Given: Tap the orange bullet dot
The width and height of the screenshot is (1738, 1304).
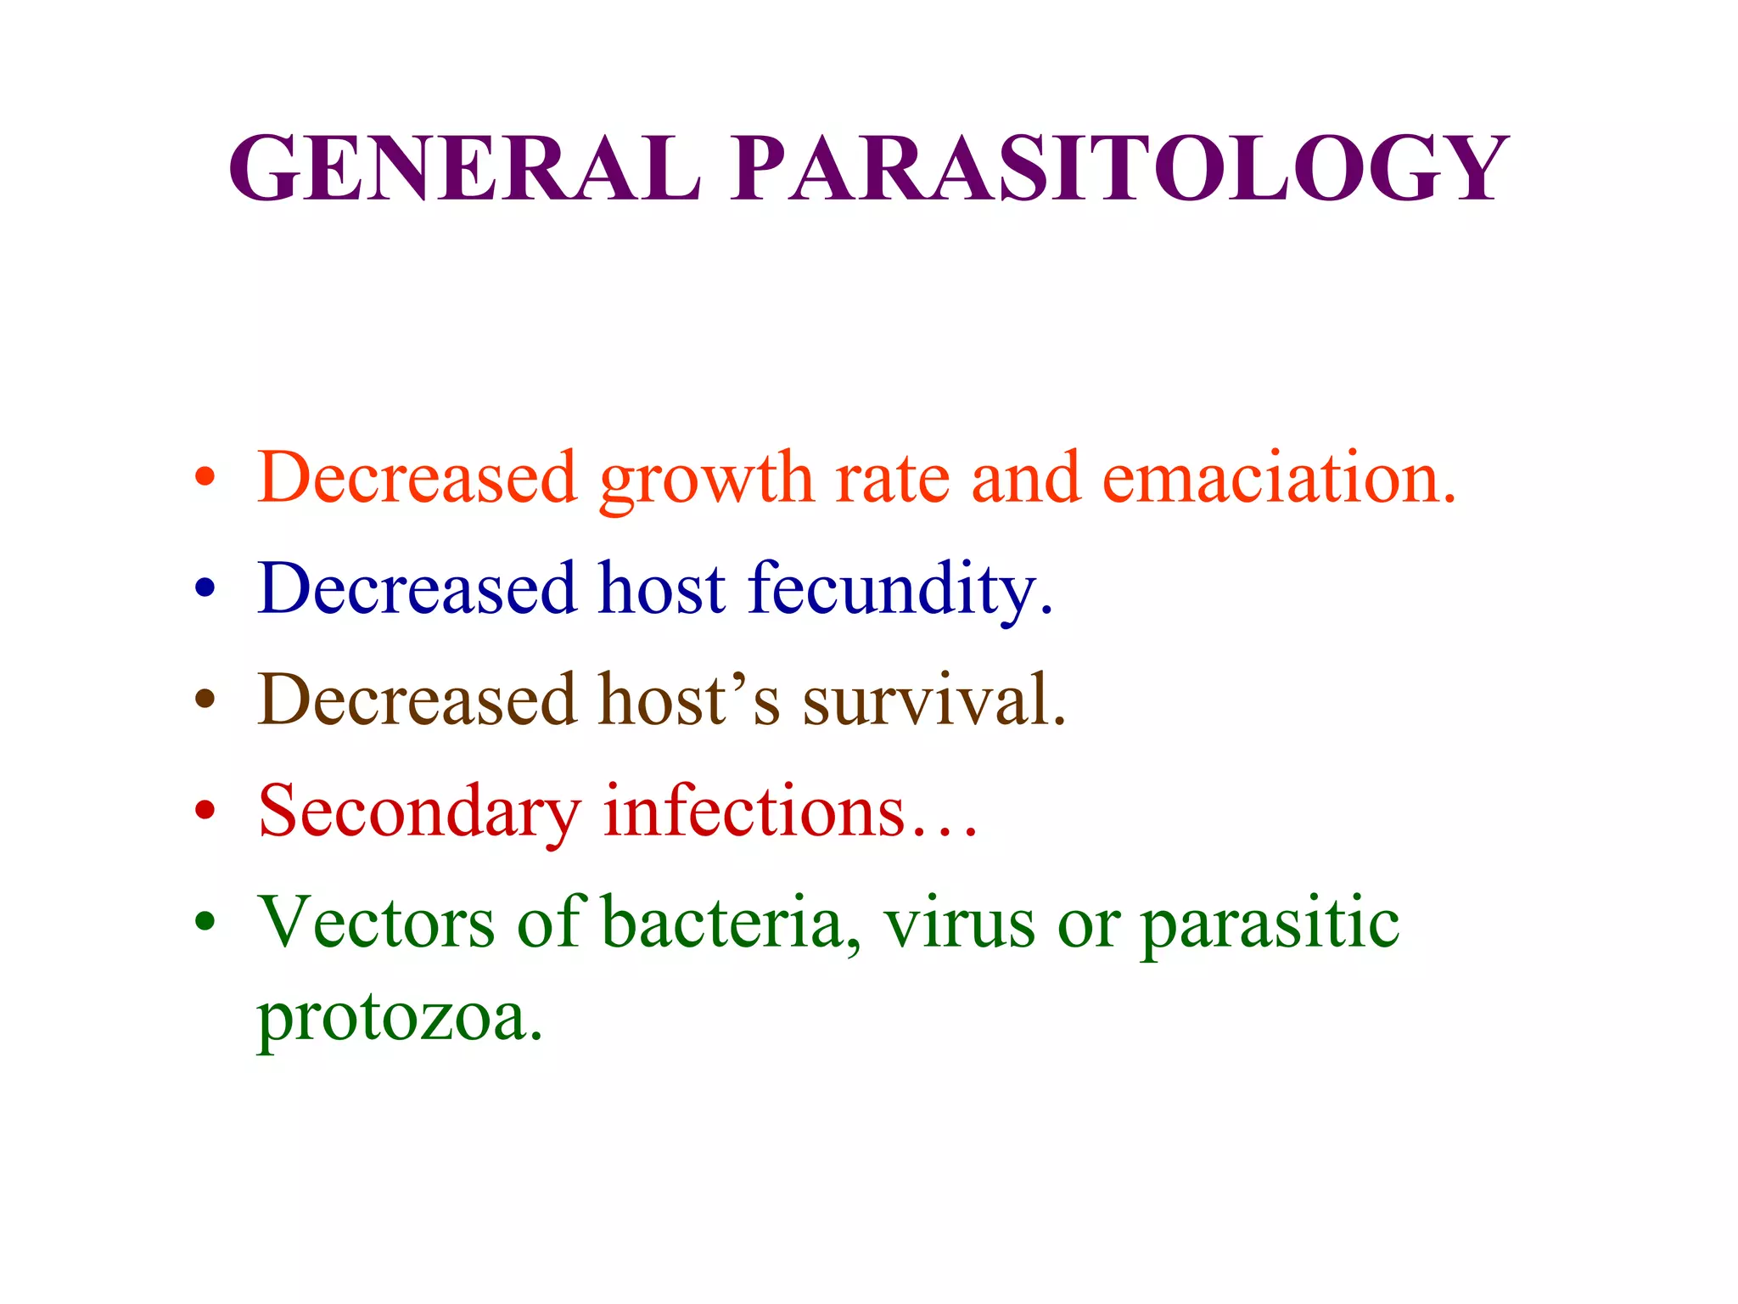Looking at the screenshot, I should (x=205, y=476).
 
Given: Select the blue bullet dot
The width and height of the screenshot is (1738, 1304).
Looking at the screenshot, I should (x=205, y=587).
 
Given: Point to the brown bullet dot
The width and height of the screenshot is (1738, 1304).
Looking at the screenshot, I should (x=205, y=699).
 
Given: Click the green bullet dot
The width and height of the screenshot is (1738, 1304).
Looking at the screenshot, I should (x=205, y=921).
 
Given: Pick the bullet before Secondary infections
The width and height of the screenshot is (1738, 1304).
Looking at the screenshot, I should (x=205, y=810).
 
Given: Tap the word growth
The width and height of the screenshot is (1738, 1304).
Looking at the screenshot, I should (x=706, y=481).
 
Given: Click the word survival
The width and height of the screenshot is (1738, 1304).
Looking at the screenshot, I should (x=933, y=700).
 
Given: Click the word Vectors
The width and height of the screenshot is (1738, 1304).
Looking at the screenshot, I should (x=377, y=923).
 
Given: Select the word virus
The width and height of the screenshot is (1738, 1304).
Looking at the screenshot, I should (x=959, y=923).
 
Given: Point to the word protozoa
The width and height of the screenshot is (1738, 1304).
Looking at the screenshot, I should (x=399, y=1019).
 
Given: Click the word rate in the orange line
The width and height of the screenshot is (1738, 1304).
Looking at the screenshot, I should (x=892, y=480).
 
